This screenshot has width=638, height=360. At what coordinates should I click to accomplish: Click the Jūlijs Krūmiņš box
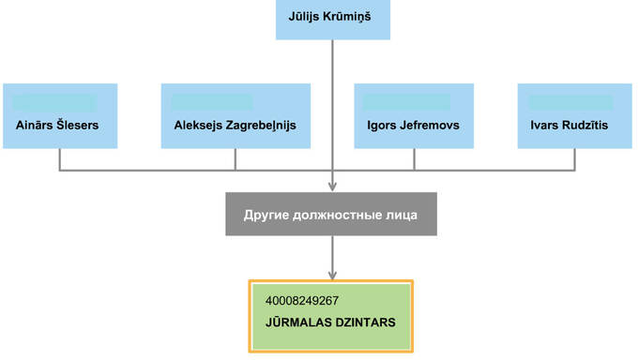[x=332, y=19]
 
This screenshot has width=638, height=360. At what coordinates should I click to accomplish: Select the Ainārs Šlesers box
[x=60, y=115]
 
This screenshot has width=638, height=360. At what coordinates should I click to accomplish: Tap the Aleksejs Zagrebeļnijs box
[x=235, y=115]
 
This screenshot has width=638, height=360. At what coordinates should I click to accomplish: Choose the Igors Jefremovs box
[x=414, y=115]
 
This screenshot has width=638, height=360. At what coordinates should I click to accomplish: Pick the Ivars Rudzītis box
[x=574, y=115]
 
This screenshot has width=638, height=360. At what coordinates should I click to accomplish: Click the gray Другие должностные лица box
[x=332, y=215]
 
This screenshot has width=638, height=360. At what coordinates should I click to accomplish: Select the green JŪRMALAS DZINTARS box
[x=331, y=316]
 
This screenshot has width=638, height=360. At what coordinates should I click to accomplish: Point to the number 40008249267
[x=302, y=301]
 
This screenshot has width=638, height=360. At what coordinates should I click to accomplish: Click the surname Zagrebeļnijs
[x=264, y=125]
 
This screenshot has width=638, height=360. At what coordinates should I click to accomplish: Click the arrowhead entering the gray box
[x=332, y=186]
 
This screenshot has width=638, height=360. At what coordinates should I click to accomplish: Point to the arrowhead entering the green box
[x=332, y=274]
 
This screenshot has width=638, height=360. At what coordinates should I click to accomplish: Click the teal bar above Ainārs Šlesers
[x=56, y=101]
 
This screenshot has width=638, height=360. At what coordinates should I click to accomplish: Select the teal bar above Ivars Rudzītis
[x=570, y=101]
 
